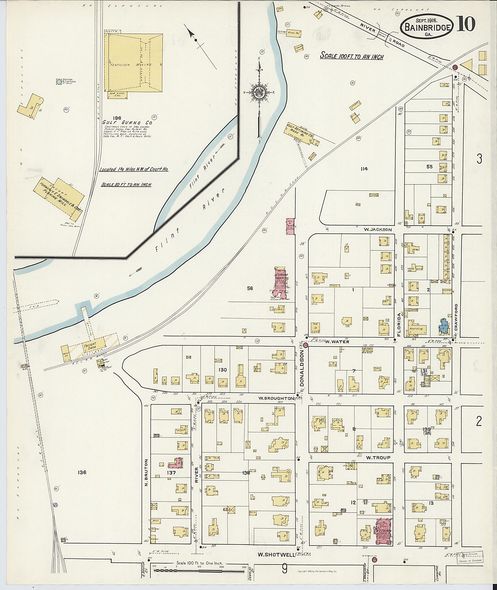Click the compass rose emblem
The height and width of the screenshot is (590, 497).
click(x=258, y=92)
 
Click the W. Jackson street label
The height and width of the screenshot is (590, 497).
click(x=378, y=230)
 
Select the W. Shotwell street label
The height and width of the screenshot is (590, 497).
click(x=276, y=555)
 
